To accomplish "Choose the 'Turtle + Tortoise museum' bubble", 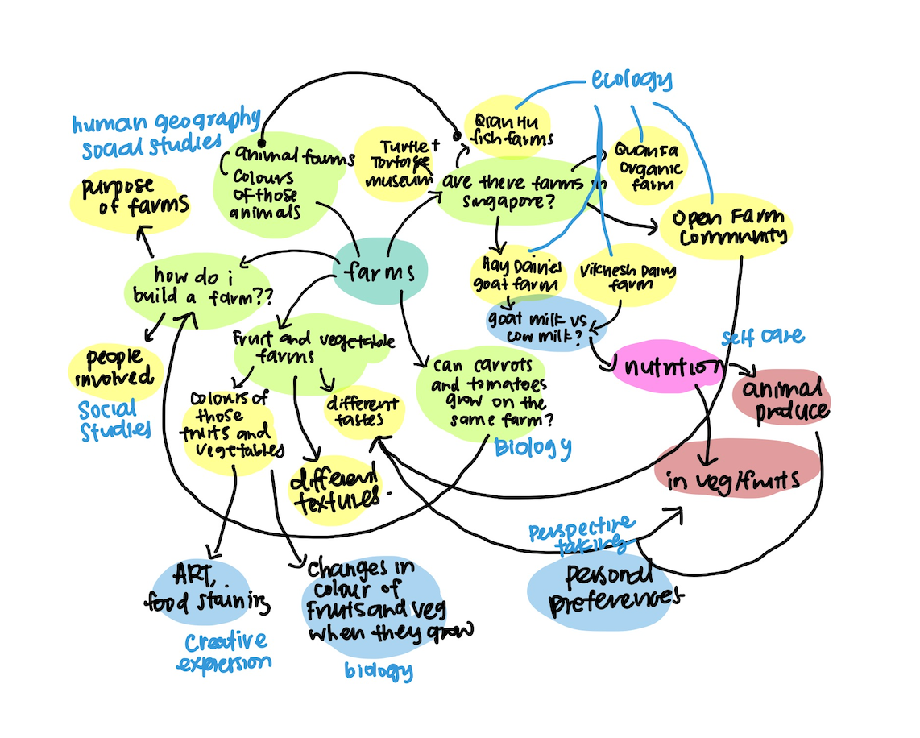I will [x=395, y=164].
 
